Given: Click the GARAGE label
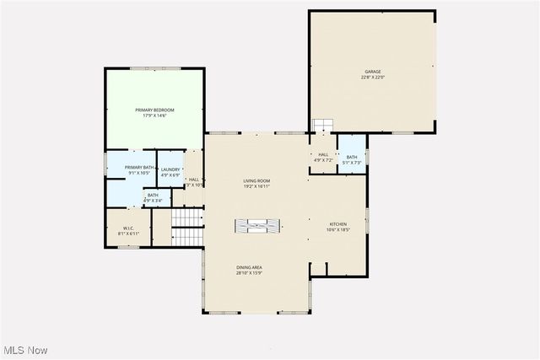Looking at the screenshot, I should tap(372, 72).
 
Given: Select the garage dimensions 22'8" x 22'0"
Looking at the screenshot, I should tap(372, 78).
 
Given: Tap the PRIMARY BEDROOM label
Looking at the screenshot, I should tap(154, 110).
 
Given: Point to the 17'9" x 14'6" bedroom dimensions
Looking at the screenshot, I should tap(154, 116).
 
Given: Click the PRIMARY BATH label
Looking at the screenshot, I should tap(140, 168).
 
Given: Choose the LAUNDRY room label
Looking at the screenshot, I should tap(171, 169).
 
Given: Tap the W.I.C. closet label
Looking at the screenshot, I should tap(128, 227).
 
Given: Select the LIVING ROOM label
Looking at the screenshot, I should tap(256, 180).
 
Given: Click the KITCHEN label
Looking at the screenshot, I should tap(337, 224).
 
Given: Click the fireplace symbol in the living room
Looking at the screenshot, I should tap(256, 225).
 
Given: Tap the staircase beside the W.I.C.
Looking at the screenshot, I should tap(187, 219).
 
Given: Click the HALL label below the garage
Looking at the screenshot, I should tap(323, 154).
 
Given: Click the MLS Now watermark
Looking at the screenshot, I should tap(24, 350).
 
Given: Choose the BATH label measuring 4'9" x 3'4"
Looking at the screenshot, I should tap(153, 195).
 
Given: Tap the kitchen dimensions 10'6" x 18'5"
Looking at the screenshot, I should tap(337, 230).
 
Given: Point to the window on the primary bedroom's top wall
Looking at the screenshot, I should tap(154, 68).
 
